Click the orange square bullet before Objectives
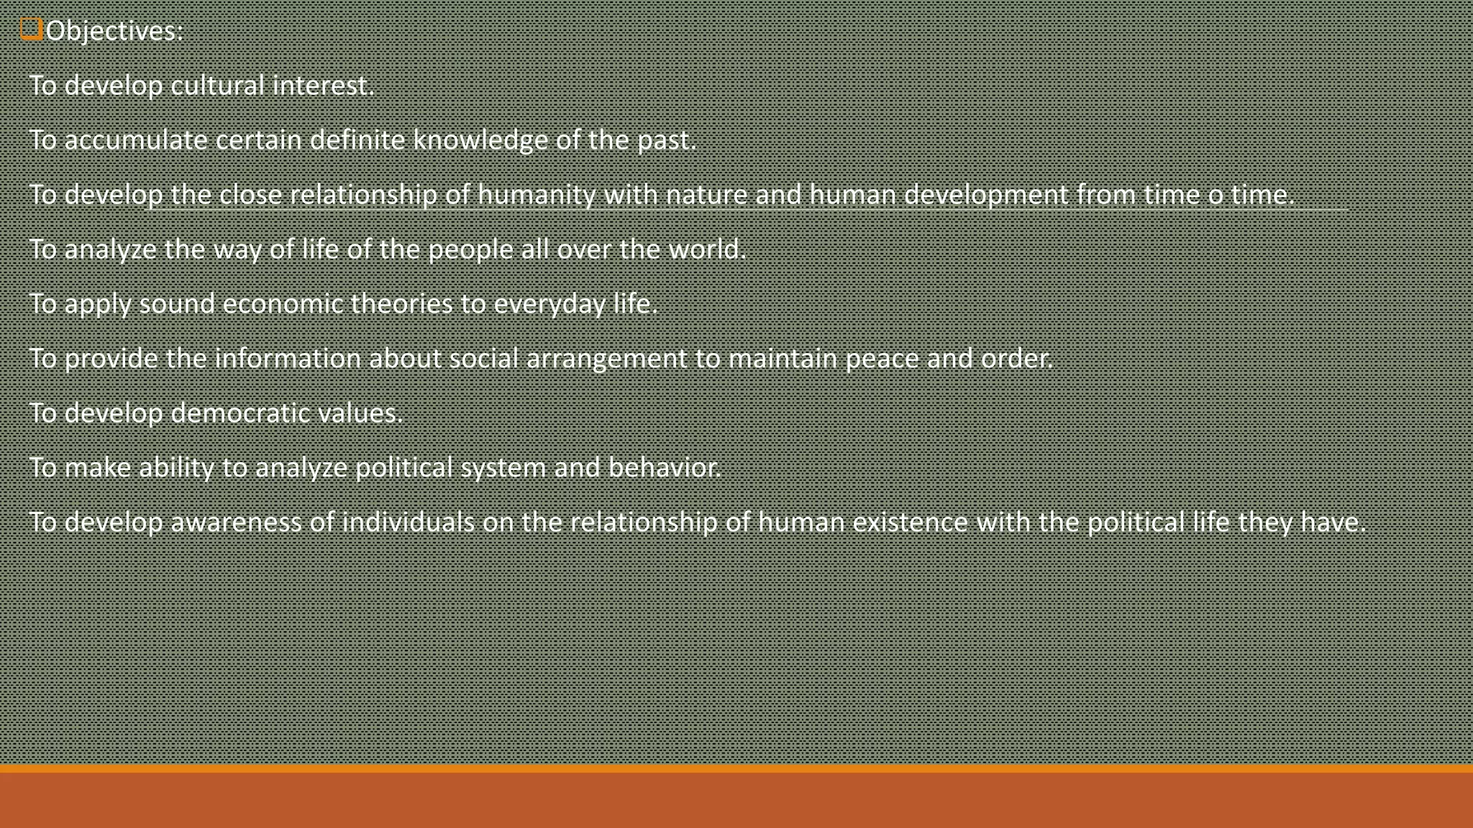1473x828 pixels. click(31, 29)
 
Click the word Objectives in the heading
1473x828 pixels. click(114, 31)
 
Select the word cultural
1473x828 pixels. click(218, 86)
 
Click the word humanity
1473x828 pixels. click(537, 195)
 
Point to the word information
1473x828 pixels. click(288, 359)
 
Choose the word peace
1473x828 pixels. click(882, 359)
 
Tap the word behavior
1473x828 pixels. click(664, 468)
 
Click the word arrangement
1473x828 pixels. click(606, 359)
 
